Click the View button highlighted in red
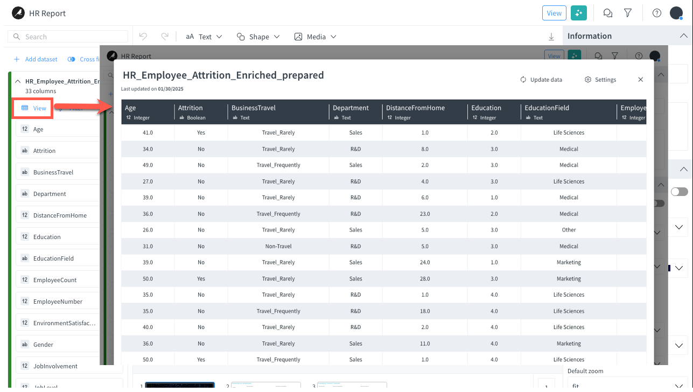[34, 108]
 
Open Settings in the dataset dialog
[600, 80]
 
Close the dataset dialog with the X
[640, 80]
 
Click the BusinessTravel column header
[254, 108]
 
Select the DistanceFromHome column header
[415, 108]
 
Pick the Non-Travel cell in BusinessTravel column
[278, 246]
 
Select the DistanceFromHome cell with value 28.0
[425, 279]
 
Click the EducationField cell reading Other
[569, 230]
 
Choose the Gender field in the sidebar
[43, 345]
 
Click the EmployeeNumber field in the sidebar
[58, 302]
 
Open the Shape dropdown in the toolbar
[258, 37]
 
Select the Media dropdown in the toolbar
[316, 37]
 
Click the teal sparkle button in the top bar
[579, 13]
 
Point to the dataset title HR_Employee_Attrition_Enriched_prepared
[223, 75]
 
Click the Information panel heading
[590, 36]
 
